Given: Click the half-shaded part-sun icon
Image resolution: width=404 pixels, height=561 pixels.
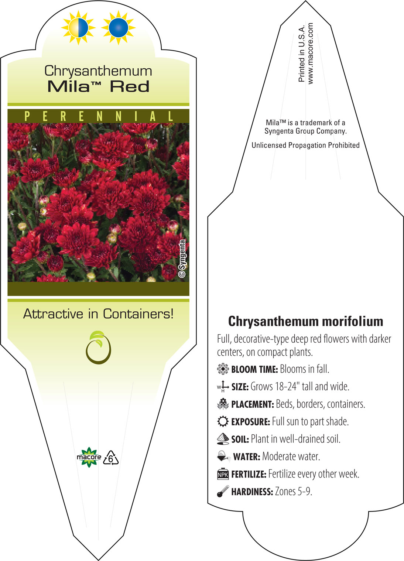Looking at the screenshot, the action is (x=78, y=28).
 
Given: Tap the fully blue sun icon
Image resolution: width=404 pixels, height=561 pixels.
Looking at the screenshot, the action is (x=119, y=28).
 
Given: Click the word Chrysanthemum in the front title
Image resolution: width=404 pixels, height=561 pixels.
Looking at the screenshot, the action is (x=98, y=71).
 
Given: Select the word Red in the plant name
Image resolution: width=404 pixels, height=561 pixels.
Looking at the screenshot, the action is (x=130, y=87).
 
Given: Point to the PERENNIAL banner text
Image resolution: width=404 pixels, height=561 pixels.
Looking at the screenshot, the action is (x=99, y=116).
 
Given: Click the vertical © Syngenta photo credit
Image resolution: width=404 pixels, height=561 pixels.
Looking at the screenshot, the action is (x=182, y=259).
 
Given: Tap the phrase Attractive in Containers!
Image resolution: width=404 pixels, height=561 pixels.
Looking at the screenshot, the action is (x=98, y=314).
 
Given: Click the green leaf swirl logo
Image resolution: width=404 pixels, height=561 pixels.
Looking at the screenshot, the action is (x=99, y=348).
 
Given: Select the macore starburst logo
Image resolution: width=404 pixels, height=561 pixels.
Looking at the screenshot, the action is (x=89, y=457).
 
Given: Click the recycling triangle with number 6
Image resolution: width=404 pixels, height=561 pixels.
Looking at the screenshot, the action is (x=110, y=458).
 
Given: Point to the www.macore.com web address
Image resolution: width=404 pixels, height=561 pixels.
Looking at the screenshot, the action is (x=310, y=54).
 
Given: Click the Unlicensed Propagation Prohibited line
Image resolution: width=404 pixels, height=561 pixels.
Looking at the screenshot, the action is (x=305, y=145).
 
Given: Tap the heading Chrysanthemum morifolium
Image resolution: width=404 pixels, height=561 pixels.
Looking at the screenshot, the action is (x=305, y=322).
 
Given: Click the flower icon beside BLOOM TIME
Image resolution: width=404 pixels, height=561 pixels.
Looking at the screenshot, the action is (x=223, y=369).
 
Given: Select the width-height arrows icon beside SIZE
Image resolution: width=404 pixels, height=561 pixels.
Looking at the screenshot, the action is (x=223, y=387).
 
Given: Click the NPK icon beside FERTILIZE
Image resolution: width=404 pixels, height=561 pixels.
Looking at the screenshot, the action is (x=223, y=474).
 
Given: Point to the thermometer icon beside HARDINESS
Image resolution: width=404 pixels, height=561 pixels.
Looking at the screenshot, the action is (x=223, y=491).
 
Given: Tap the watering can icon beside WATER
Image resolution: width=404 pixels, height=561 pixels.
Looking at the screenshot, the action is (x=224, y=456).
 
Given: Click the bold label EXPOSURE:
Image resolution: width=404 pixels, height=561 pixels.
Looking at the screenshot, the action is (x=250, y=422).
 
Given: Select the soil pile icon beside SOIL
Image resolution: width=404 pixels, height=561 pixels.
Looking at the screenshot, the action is (x=223, y=439).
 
